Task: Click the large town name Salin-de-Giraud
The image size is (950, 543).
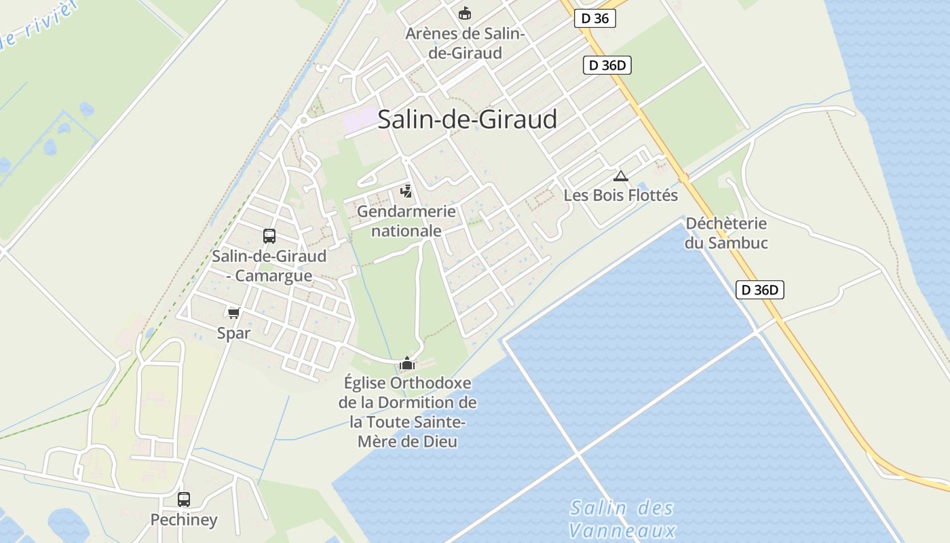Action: click(467, 119)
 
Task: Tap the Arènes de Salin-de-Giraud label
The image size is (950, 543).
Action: click(465, 43)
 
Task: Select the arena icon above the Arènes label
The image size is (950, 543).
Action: click(465, 13)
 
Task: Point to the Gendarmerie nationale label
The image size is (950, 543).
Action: click(406, 221)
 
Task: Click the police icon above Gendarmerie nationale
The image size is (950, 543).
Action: click(406, 191)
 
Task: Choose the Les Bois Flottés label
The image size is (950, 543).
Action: click(620, 195)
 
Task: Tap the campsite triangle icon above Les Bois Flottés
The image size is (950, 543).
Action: click(620, 176)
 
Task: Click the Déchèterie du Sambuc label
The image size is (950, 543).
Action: click(725, 233)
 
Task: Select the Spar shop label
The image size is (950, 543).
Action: click(234, 333)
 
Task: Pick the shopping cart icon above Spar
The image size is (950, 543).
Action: click(234, 313)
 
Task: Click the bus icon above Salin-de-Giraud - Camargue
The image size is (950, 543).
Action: click(269, 236)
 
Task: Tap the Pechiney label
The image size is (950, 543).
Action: click(184, 520)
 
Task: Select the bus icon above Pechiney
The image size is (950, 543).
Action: click(184, 500)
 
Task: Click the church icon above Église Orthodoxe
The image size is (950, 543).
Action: click(407, 364)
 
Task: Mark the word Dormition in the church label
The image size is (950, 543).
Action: click(422, 402)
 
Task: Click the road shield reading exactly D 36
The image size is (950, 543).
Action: click(595, 18)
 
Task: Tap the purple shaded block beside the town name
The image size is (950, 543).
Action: click(359, 121)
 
